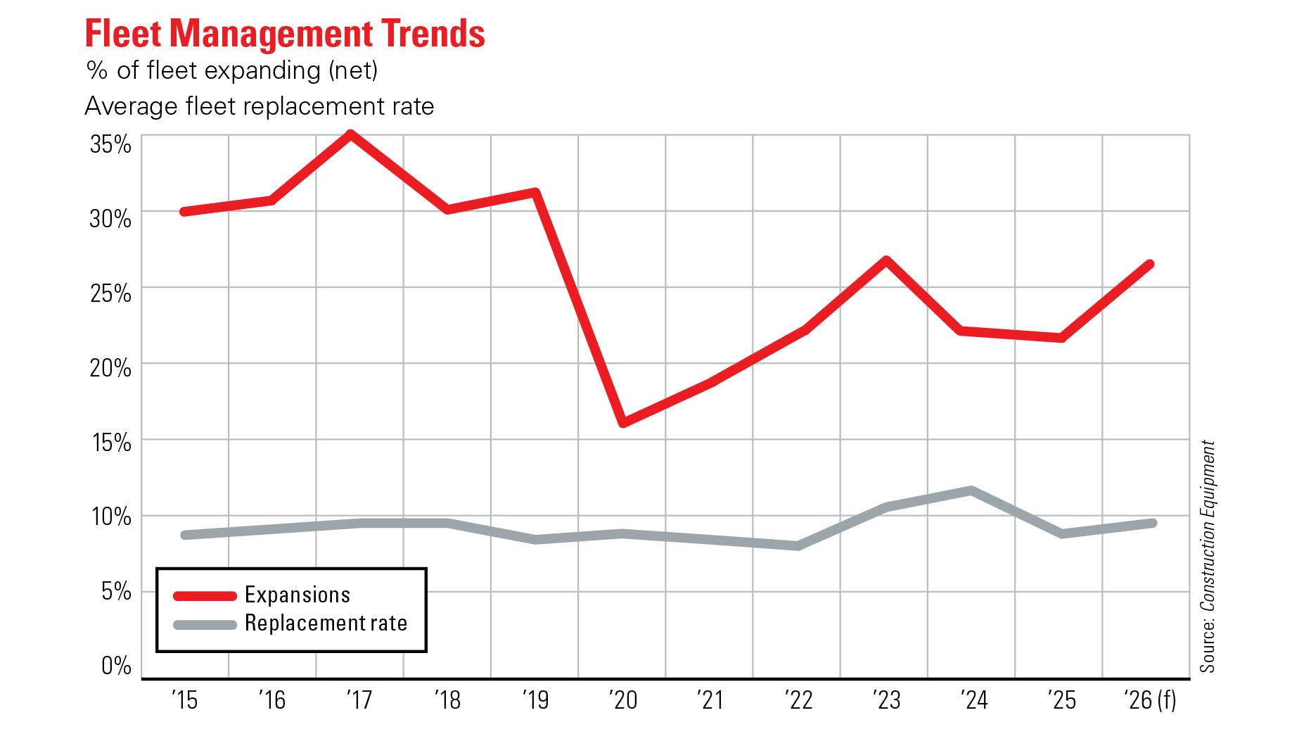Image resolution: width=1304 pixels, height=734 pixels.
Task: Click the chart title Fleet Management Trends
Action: (285, 33)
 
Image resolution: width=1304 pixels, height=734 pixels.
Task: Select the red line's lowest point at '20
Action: (623, 422)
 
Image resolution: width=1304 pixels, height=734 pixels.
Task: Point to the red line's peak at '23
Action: (886, 261)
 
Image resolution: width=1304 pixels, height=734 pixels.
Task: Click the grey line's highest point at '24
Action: (971, 491)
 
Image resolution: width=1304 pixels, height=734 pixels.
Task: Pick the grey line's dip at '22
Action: (798, 545)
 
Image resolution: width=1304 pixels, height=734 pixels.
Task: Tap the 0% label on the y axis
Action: (116, 665)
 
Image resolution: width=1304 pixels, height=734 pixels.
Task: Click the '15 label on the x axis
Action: (184, 701)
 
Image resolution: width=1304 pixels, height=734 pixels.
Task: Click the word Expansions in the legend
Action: (298, 595)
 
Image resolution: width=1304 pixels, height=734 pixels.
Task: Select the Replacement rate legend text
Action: (326, 624)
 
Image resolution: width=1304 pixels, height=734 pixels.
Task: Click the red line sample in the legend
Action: (205, 596)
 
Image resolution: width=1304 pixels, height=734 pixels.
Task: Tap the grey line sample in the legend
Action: (205, 624)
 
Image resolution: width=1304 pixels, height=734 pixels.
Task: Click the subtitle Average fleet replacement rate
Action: (259, 106)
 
